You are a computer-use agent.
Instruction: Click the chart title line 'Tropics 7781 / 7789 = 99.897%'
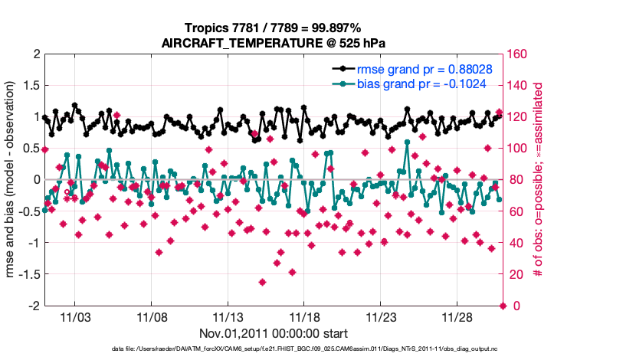(273, 28)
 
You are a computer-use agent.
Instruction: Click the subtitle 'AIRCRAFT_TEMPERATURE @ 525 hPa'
(273, 43)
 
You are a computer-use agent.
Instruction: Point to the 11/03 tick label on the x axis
(75, 316)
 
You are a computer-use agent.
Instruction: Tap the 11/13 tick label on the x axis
(228, 316)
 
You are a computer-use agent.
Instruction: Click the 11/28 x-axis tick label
(457, 316)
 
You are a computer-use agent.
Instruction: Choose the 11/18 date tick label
(304, 316)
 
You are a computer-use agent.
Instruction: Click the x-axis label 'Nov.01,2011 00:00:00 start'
(274, 333)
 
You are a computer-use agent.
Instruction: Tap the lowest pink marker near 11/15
(262, 282)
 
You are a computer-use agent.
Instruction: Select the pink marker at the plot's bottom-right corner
(503, 306)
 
